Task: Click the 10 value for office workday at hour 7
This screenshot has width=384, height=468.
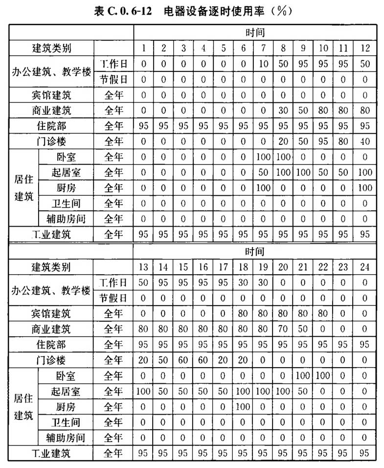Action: point(263,64)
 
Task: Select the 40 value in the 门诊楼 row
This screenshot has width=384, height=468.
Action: point(364,141)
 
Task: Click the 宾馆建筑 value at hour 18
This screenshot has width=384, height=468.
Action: point(243,313)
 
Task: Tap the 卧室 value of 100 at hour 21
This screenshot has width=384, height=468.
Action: point(304,375)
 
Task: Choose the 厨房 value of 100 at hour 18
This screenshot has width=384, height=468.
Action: point(243,406)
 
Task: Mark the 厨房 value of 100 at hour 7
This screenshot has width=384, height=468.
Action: point(263,188)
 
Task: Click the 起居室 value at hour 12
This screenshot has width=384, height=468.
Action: point(364,172)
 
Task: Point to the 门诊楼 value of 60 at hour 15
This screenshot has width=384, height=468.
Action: point(183,360)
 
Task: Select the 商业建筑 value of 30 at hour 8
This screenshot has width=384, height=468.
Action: point(283,110)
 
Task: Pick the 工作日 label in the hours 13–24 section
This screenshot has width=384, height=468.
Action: point(113,282)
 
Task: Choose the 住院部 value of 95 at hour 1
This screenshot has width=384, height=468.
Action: point(143,126)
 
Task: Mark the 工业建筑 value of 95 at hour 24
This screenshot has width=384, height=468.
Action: point(364,453)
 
